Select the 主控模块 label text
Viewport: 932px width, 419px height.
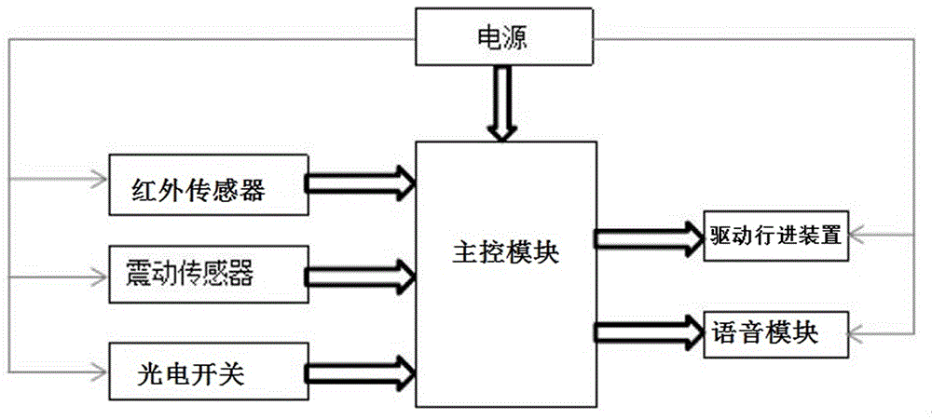507,250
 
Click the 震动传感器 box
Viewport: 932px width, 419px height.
206,274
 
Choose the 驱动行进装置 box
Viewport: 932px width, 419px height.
775,236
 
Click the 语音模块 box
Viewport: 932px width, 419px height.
775,331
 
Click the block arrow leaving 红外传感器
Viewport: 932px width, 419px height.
359,182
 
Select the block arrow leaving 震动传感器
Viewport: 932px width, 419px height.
359,274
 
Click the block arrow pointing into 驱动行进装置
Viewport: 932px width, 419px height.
649,237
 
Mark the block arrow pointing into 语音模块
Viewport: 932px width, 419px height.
649,331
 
